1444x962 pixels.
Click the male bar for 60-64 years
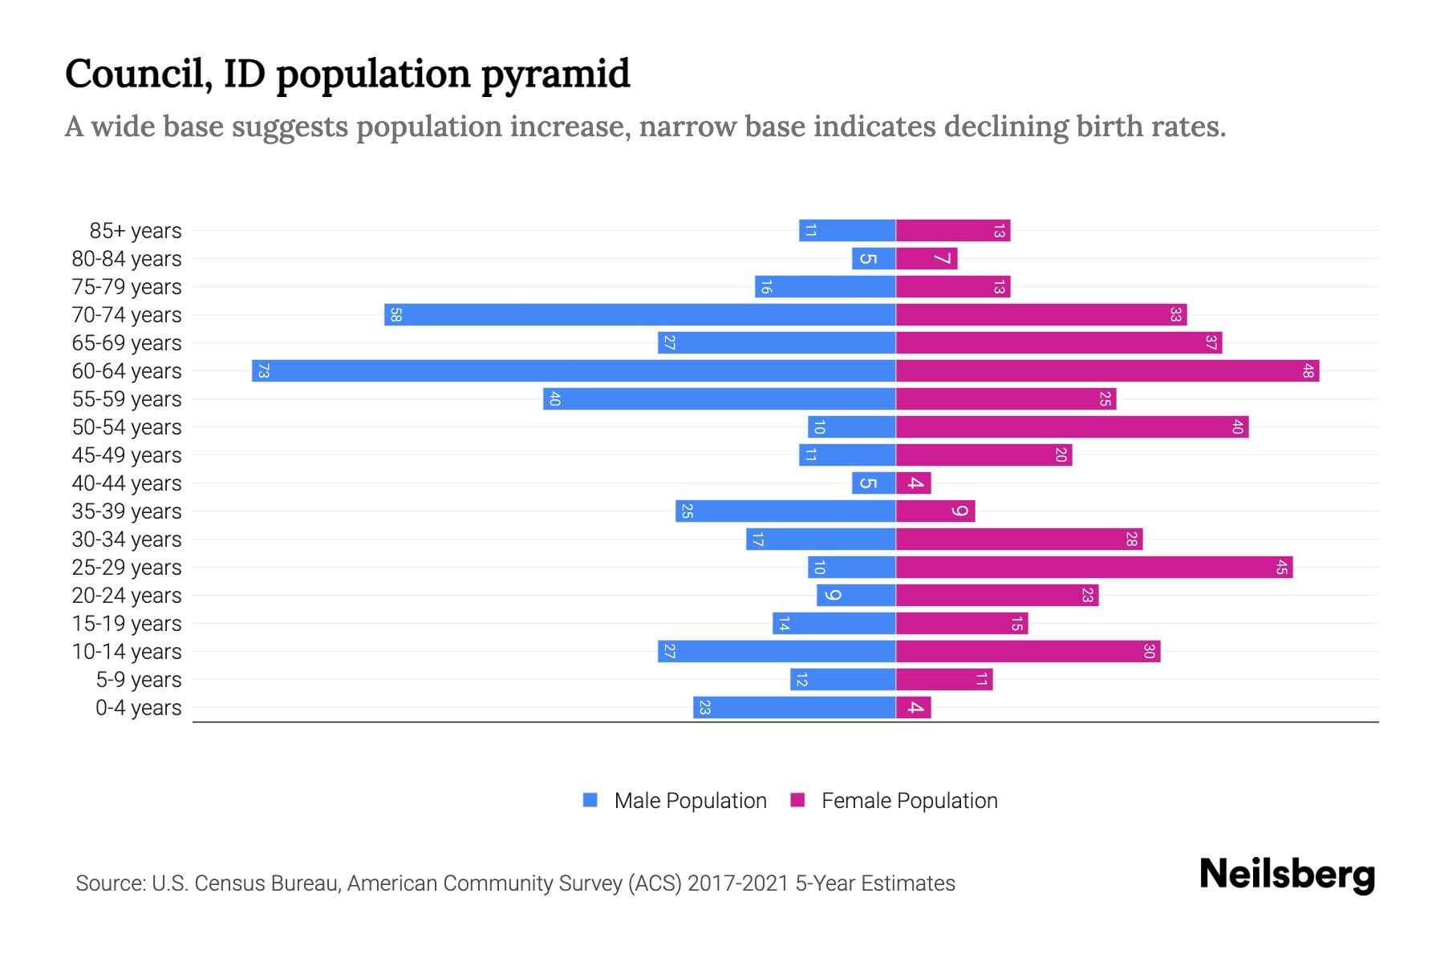point(574,371)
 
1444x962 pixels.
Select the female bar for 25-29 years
point(1094,568)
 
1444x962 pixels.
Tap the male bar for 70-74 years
point(639,315)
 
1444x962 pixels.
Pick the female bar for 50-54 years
point(1072,427)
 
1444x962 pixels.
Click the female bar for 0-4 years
point(914,708)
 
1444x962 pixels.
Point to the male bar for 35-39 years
point(785,511)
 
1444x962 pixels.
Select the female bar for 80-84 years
point(927,259)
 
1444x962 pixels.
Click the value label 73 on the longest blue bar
point(263,371)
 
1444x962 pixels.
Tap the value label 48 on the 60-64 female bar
point(1308,371)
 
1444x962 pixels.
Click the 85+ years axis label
point(136,231)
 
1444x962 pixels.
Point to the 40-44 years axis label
point(127,483)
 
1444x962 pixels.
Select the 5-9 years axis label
point(139,680)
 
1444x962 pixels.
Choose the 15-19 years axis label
point(127,624)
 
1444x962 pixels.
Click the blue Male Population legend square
point(590,800)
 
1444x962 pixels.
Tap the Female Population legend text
point(909,801)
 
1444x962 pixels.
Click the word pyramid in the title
point(555,75)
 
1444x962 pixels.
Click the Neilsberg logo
point(1287,875)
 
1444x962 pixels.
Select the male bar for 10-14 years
point(777,652)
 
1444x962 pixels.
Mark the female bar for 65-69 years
point(1059,343)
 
